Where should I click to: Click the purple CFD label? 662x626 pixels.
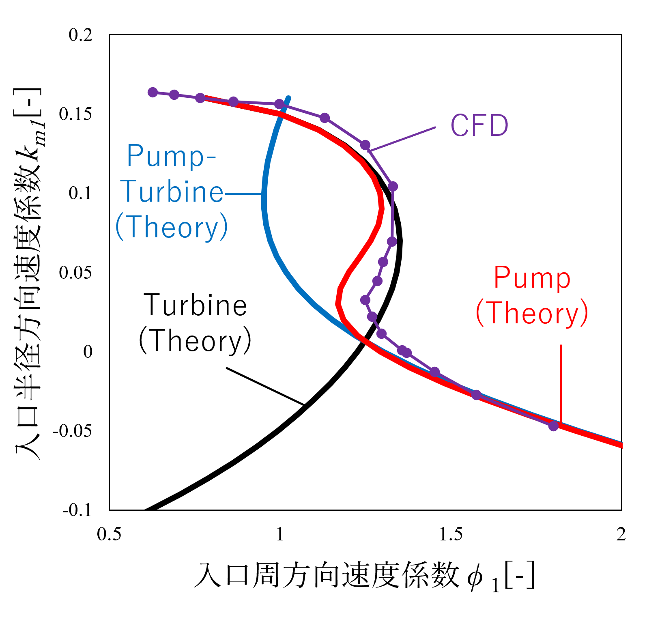coord(479,125)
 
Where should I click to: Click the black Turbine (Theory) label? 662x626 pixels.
coord(195,323)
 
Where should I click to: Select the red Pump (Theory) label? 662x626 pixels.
coord(532,296)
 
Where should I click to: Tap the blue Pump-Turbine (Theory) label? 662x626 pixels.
coord(172,191)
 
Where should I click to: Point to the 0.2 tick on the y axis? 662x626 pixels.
coord(81,35)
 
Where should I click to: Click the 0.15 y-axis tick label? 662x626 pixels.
coord(75,114)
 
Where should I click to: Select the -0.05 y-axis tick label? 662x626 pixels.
coord(73,430)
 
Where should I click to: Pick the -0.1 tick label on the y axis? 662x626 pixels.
coord(77,510)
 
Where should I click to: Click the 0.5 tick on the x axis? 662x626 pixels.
coord(109,534)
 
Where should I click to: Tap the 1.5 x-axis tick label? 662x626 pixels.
coord(451,534)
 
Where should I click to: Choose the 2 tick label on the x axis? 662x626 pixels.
coord(621,534)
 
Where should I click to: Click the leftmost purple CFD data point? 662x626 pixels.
coord(153,92)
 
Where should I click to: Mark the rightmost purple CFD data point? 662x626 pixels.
coord(553,426)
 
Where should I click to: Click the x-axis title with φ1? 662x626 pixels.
coord(364,576)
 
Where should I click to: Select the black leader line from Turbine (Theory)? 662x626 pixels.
coord(265,386)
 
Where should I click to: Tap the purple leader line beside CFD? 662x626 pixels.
coord(402,139)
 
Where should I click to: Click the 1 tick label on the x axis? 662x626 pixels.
coord(279,534)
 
